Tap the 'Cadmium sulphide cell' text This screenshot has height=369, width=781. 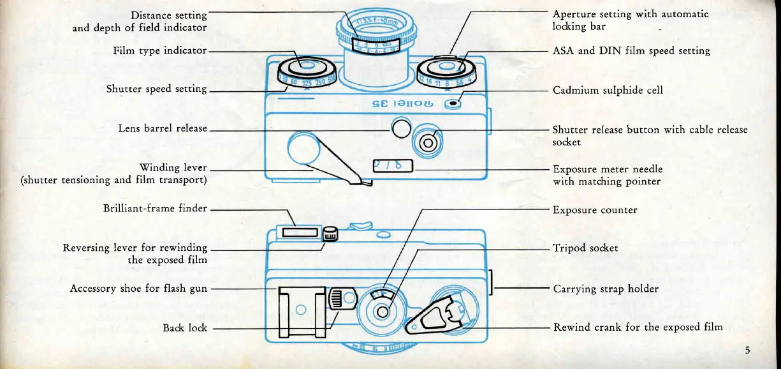[x=608, y=90]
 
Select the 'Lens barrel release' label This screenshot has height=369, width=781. [x=163, y=128]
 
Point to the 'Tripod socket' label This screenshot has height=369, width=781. [x=585, y=248]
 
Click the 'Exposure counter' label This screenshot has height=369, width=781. [x=595, y=209]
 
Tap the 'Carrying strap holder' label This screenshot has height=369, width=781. [x=605, y=289]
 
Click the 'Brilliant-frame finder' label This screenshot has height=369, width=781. [x=155, y=208]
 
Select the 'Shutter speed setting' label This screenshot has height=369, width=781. [x=156, y=89]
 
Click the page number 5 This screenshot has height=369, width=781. [x=747, y=349]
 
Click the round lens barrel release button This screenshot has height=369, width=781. [x=400, y=129]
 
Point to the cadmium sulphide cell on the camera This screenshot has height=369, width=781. [x=453, y=104]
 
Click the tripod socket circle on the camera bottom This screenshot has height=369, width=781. [x=383, y=312]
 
